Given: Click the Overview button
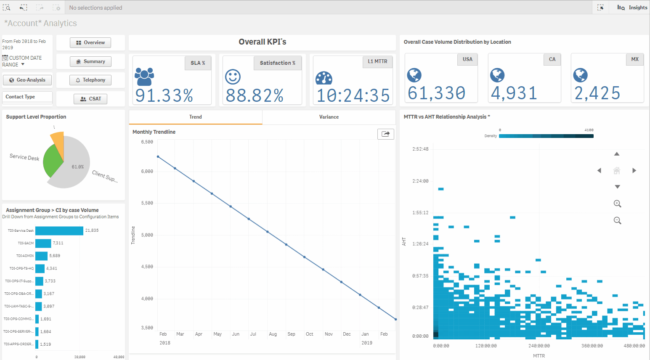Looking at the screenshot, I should tap(90, 42).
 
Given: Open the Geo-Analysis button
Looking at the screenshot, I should tap(27, 80).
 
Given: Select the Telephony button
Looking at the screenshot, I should tap(90, 80).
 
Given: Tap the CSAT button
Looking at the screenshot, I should tap(90, 99).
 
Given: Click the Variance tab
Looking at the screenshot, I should tap(329, 117).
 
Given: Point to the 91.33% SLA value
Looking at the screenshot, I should tap(164, 95).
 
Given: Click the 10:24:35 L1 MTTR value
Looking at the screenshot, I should tap(353, 95).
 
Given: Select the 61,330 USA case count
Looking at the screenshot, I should tap(436, 93).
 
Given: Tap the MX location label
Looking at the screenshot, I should tap(634, 59).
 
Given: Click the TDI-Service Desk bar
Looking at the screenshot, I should tap(59, 230).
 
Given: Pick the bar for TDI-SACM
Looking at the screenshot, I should tap(43, 243).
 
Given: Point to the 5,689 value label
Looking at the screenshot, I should tap(55, 256).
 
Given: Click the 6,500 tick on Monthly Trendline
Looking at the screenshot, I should tap(147, 142).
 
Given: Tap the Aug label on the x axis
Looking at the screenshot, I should tap(273, 334).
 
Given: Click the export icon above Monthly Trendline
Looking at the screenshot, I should tap(385, 134).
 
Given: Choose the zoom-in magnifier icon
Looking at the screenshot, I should tap(617, 204).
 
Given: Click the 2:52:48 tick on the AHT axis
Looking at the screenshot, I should tap(420, 149).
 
